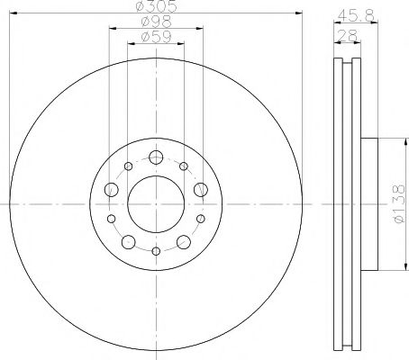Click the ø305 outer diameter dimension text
[x=155, y=8]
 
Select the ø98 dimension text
[x=155, y=22]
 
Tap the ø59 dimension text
[x=155, y=37]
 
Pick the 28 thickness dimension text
[x=347, y=35]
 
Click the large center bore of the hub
[x=155, y=202]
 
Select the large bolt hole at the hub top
[x=156, y=158]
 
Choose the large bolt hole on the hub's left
[x=112, y=190]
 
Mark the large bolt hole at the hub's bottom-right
[x=183, y=240]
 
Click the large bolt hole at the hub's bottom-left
[x=129, y=240]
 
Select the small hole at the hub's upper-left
[x=127, y=166]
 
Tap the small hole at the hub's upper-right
[x=184, y=166]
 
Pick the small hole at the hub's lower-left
[x=111, y=219]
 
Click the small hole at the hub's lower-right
[x=200, y=219]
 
